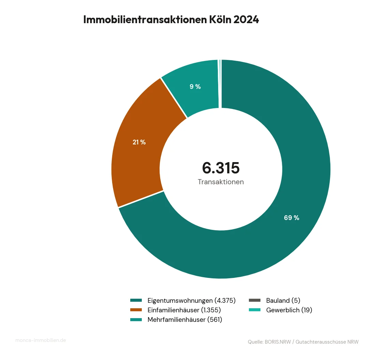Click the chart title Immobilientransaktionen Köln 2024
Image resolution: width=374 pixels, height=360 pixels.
coord(171,20)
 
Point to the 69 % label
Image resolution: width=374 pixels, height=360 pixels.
coord(291,218)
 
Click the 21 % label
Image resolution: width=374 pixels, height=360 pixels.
coord(139,142)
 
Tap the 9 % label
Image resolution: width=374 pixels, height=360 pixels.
coord(195,87)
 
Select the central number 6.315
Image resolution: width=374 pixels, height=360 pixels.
coord(221,168)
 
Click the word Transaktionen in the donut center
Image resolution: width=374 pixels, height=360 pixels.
coord(221,182)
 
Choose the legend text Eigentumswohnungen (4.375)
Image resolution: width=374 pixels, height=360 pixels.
coord(192,300)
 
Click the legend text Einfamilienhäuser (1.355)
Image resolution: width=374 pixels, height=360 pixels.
coord(184,310)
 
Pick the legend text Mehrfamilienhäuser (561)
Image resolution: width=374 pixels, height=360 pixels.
coord(185,320)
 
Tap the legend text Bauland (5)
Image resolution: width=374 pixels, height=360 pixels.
coord(283,300)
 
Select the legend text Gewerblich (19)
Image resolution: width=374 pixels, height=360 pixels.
coord(289,310)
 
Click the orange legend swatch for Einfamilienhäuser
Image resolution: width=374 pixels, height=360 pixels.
coord(136,310)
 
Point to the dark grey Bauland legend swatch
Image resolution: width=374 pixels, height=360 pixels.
coord(254,300)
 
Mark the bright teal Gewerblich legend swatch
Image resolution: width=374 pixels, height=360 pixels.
coord(254,310)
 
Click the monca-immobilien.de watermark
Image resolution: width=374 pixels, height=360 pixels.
coord(41,340)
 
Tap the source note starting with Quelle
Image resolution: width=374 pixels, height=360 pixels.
coord(303,342)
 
